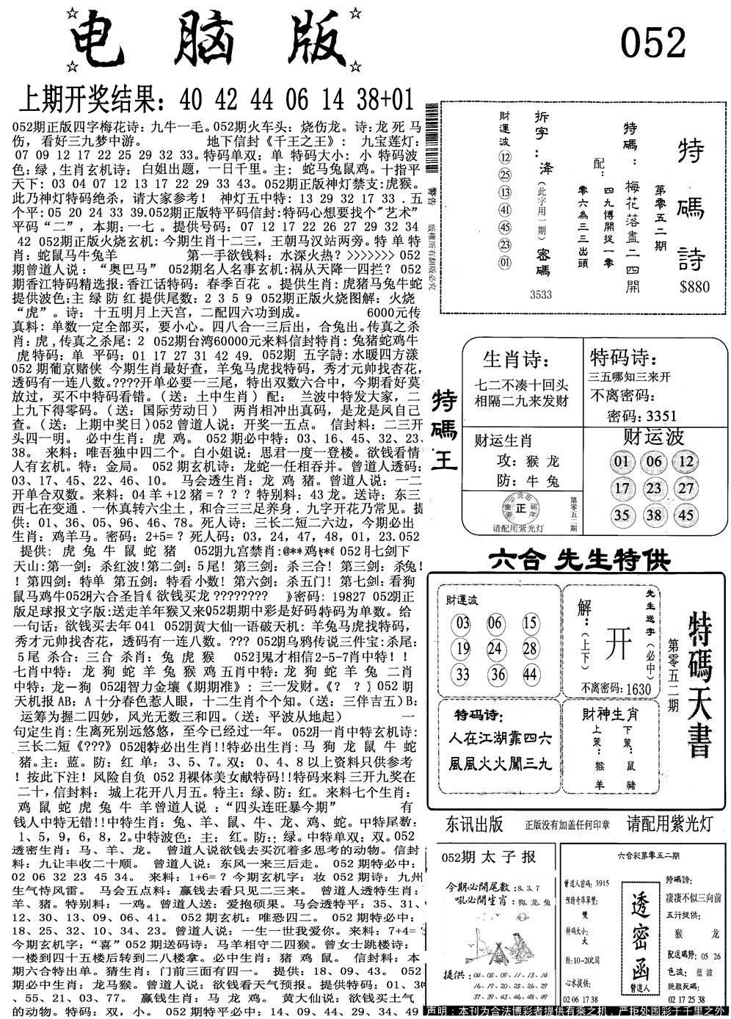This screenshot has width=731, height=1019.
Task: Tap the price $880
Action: click(x=694, y=287)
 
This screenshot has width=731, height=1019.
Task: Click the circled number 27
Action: click(x=685, y=488)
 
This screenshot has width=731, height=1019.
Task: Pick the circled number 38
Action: click(x=653, y=515)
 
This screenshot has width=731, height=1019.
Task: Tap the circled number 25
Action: click(x=504, y=175)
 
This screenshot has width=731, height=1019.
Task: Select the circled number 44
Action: click(x=529, y=675)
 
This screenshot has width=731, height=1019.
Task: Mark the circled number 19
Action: click(x=462, y=648)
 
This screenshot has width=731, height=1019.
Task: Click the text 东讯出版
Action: click(x=474, y=824)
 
